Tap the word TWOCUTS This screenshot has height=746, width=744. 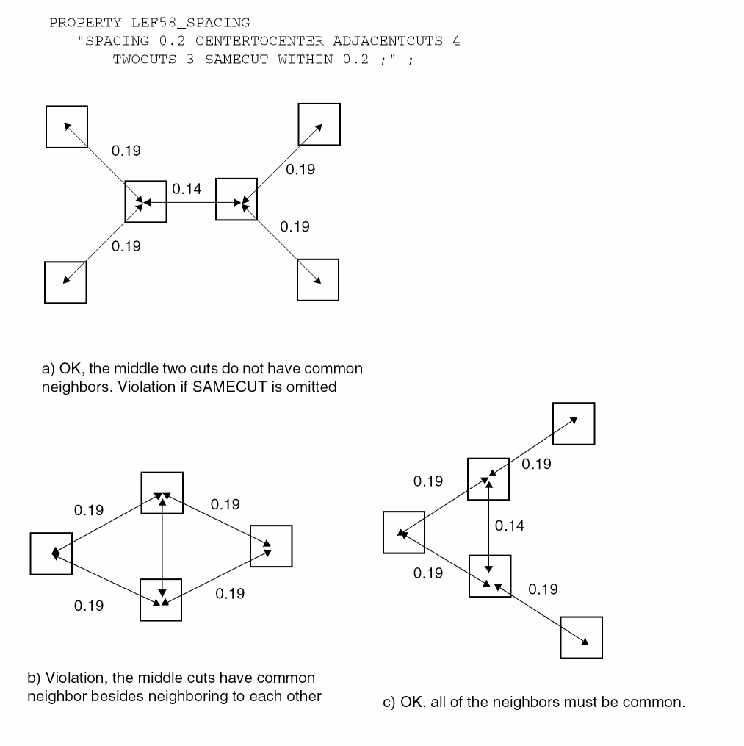tap(145, 60)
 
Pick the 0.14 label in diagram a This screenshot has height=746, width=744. tap(187, 189)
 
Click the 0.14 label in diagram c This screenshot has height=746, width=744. tap(510, 526)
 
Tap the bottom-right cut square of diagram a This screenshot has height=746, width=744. tap(318, 280)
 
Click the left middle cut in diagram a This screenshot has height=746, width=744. tap(145, 201)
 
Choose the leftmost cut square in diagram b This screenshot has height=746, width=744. tap(51, 553)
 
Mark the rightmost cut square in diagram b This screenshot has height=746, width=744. tap(271, 547)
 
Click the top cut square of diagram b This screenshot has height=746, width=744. tap(162, 493)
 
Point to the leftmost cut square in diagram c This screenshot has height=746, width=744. tap(404, 533)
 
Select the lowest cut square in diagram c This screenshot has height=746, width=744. tap(582, 637)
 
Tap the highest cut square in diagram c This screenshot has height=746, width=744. tap(574, 424)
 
